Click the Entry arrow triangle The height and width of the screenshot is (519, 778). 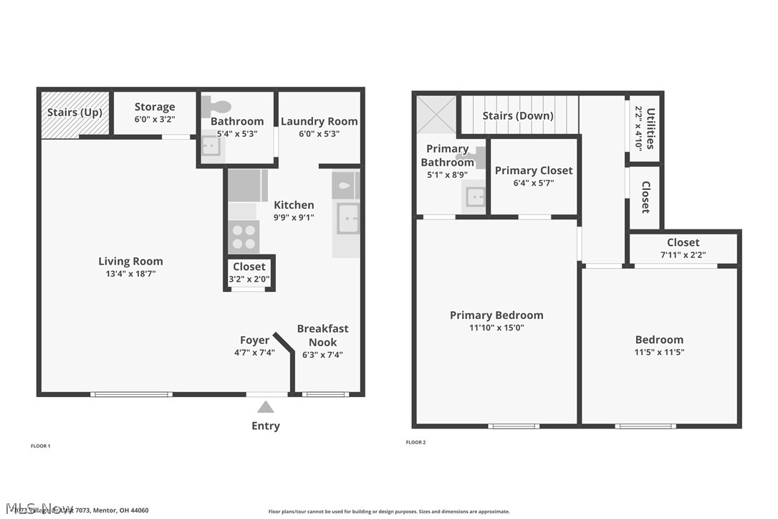tap(266, 407)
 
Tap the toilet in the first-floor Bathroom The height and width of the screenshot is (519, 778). tap(216, 107)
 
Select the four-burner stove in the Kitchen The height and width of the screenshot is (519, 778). tap(244, 237)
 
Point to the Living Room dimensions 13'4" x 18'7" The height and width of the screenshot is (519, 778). tap(130, 274)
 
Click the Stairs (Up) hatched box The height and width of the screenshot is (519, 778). tap(75, 113)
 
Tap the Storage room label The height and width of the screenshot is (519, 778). tap(155, 107)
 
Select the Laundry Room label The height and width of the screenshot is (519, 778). tap(319, 121)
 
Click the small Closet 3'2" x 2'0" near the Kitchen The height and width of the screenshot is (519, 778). tap(249, 273)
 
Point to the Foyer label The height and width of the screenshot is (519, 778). tap(254, 340)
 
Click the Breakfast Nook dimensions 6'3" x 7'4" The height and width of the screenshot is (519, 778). tap(322, 354)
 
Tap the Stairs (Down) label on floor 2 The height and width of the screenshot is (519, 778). tap(518, 115)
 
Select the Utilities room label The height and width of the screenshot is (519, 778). tap(650, 128)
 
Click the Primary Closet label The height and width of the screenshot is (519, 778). tap(534, 170)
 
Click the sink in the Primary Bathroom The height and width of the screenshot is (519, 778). tap(475, 196)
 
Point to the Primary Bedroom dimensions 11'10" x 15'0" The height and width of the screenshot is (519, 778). tap(496, 328)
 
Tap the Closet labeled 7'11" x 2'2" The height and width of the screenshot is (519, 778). tap(683, 248)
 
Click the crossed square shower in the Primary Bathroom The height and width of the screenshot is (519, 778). tap(436, 115)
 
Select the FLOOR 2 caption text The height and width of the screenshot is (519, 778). tap(416, 442)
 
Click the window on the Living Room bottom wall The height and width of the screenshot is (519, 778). tap(131, 394)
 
